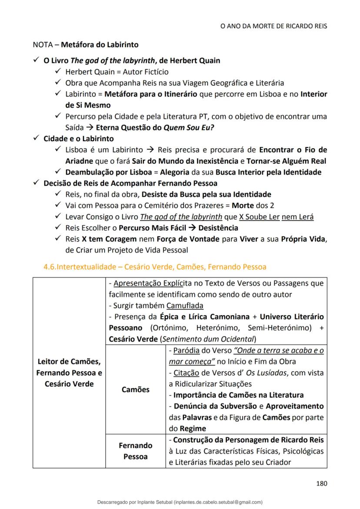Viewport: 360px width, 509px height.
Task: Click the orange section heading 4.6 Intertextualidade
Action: [x=155, y=266]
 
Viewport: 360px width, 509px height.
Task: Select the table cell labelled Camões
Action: [x=135, y=389]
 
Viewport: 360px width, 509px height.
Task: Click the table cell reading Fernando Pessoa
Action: [x=135, y=451]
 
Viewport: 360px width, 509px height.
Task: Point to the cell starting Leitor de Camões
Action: [x=69, y=373]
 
